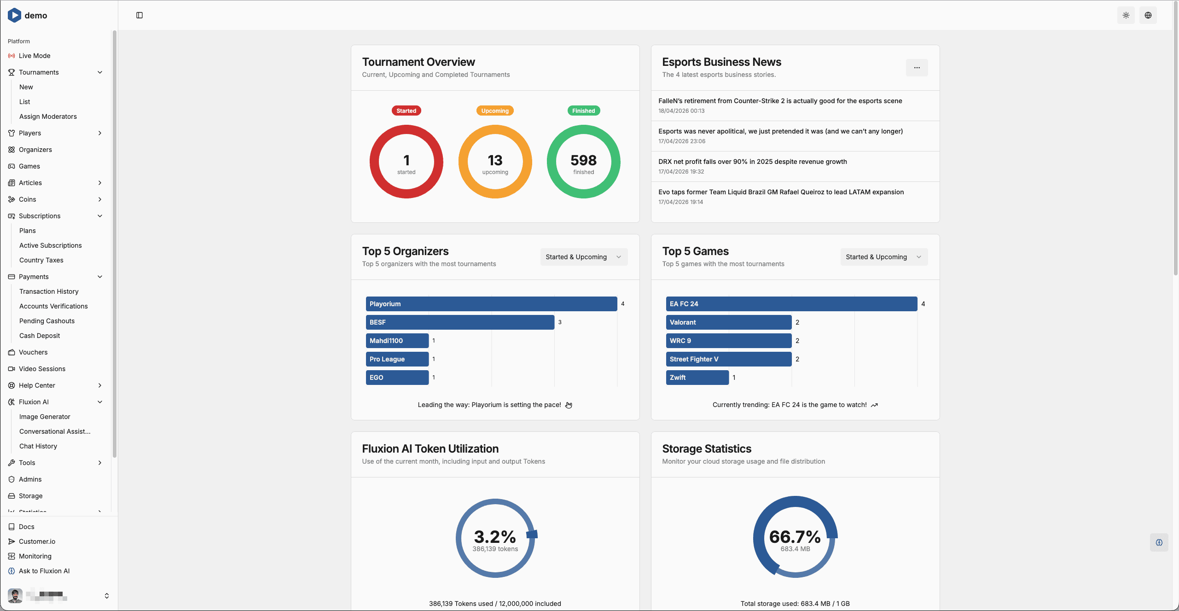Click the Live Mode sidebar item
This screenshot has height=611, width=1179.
35,56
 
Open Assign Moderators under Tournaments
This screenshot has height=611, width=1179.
48,116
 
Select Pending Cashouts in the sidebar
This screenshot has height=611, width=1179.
47,321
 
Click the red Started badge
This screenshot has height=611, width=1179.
406,111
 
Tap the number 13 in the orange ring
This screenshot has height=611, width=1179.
495,160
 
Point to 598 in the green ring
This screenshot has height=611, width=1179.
583,160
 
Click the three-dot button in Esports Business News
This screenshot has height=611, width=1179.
917,68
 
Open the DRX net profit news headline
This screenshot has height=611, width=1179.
752,162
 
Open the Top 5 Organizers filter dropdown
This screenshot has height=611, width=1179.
583,257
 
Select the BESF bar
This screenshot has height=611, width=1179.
459,322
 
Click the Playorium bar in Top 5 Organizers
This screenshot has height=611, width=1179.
491,304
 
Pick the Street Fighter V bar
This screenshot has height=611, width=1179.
728,359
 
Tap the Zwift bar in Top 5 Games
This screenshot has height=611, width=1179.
697,378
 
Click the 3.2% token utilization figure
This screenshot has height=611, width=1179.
495,537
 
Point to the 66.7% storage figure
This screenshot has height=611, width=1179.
795,537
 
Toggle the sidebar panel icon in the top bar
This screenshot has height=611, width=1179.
139,15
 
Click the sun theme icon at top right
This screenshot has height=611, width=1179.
1126,15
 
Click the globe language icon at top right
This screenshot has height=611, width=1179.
1148,15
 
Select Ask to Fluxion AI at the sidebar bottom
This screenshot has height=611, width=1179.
44,571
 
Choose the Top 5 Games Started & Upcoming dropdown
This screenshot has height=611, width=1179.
883,257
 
